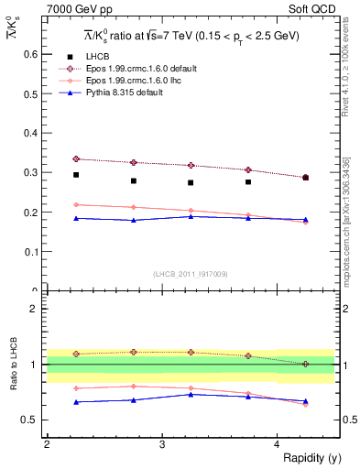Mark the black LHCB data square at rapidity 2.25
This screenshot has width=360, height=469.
[x=76, y=175]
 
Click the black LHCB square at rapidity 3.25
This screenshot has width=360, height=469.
[x=191, y=182]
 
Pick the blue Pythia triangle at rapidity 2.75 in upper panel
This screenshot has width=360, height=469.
[x=134, y=220]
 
